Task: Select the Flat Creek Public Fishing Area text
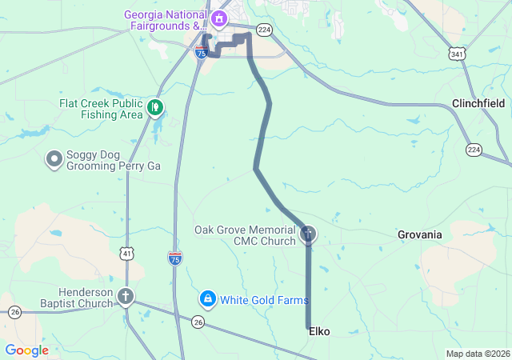tap(100, 109)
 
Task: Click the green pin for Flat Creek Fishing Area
tap(155, 106)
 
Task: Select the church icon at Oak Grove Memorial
tap(308, 234)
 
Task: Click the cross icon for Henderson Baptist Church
tap(126, 297)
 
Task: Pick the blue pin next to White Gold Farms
tap(207, 298)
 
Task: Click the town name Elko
tap(319, 331)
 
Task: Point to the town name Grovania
tap(419, 234)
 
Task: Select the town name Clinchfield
tap(478, 104)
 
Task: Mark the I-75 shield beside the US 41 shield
tap(175, 258)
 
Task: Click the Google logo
tap(26, 350)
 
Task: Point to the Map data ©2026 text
tap(477, 354)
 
